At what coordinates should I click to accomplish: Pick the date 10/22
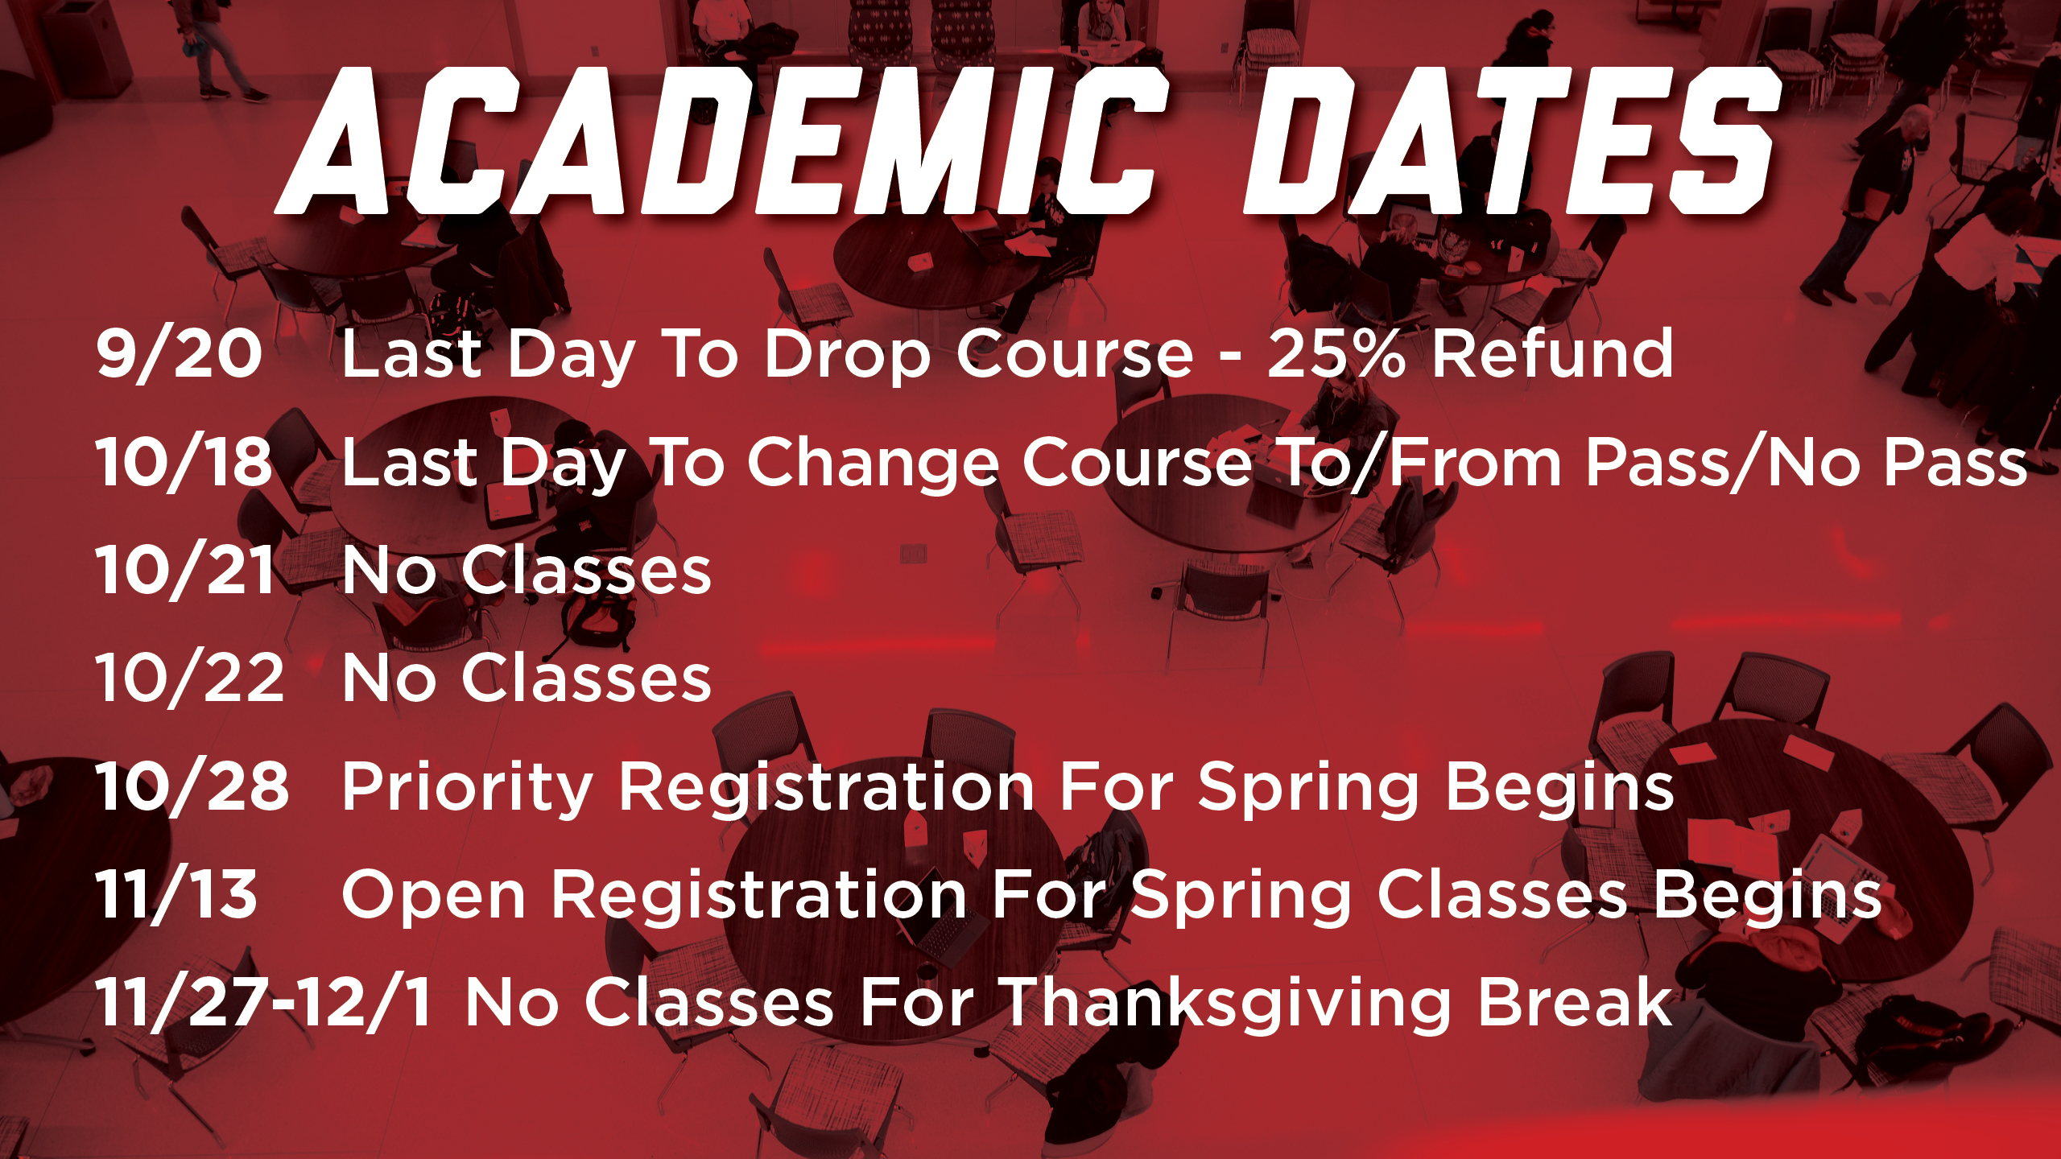[190, 678]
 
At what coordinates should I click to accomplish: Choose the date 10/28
[192, 786]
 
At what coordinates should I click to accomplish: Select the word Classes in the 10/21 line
[587, 570]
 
